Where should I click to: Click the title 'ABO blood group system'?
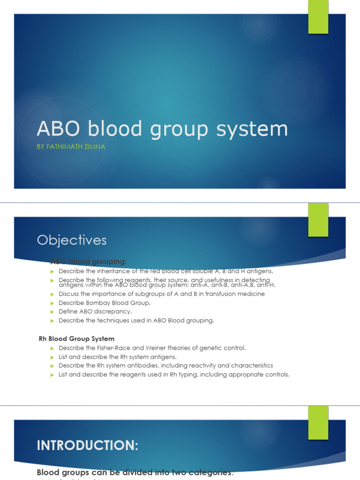click(162, 129)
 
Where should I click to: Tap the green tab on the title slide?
click(318, 17)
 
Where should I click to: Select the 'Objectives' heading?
click(72, 240)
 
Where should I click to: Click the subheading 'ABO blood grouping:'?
click(88, 261)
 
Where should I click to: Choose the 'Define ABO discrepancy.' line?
click(95, 312)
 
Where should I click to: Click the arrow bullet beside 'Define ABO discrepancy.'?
click(52, 312)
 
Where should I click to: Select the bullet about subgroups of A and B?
click(161, 294)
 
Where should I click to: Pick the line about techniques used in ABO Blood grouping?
click(136, 321)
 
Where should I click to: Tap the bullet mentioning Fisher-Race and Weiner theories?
click(152, 348)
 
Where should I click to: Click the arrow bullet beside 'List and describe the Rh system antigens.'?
click(52, 357)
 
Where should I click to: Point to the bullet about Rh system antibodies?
click(165, 366)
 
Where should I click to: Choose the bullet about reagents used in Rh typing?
click(174, 375)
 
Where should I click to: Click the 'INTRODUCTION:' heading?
click(88, 445)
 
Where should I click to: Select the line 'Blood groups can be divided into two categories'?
click(135, 472)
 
